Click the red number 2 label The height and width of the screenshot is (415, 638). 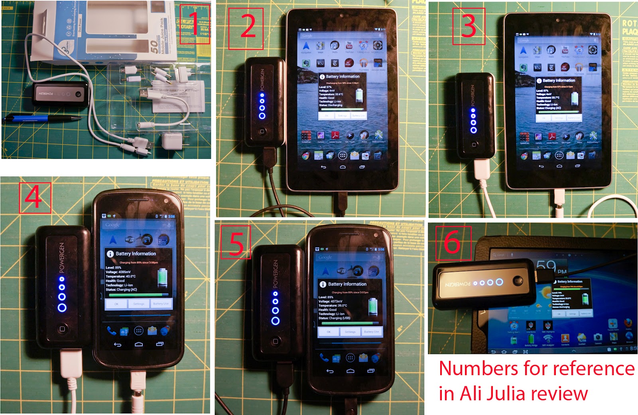tap(247, 27)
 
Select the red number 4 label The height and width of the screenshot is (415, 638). tap(34, 198)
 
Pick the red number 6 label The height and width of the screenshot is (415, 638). tap(453, 243)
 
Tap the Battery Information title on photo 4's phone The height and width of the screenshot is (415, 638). tap(136, 254)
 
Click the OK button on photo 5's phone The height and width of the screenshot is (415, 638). tap(329, 331)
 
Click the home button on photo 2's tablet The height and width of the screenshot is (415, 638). tap(343, 166)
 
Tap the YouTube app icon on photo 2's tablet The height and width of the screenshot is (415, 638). tap(349, 46)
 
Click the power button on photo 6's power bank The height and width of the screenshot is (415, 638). tap(518, 281)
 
